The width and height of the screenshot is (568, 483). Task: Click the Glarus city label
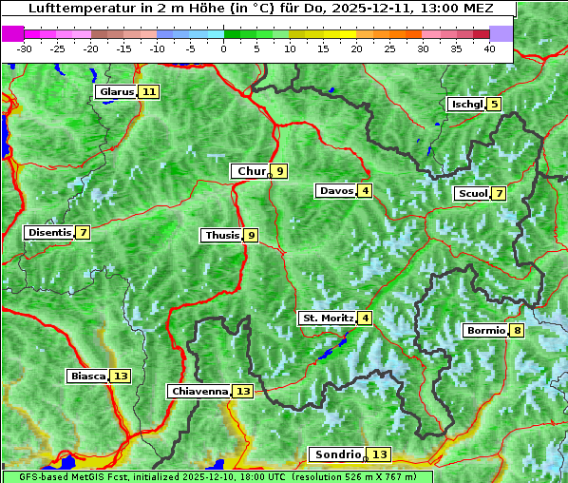point(116,92)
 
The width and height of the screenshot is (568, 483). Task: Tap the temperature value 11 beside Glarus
point(148,92)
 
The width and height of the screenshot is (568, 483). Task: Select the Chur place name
point(251,171)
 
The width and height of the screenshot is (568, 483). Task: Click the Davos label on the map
point(336,191)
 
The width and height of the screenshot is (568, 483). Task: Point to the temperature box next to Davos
point(365,191)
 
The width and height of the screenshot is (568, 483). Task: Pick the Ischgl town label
point(466,105)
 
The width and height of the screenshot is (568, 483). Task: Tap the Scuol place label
point(472,194)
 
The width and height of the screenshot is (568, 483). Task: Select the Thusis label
point(221,236)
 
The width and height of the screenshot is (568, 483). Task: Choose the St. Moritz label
point(327,318)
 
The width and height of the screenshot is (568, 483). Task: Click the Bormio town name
point(485,331)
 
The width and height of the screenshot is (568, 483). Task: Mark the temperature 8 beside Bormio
point(516,331)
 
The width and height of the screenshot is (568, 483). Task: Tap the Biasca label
point(87,377)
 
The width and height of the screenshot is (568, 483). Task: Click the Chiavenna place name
point(199,391)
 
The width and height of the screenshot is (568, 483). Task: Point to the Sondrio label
point(337,454)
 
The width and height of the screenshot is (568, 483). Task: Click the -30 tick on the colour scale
point(25,48)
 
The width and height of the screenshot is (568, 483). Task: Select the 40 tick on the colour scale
point(489,48)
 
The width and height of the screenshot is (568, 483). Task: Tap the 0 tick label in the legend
point(223,48)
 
